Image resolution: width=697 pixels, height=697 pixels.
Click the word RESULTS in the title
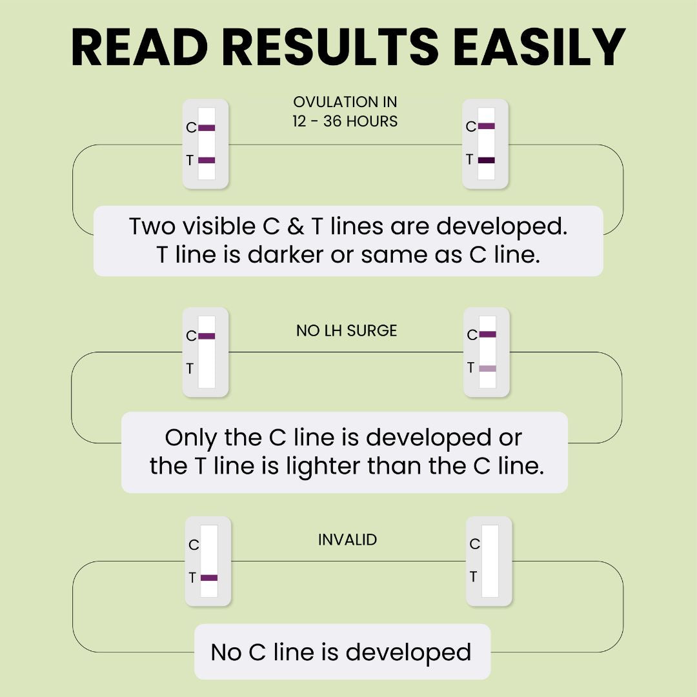(x=330, y=47)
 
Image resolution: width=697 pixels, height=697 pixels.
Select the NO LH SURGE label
(x=347, y=330)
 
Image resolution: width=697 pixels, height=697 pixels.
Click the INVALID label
(x=348, y=540)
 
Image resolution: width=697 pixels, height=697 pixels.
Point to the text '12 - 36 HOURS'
(x=345, y=121)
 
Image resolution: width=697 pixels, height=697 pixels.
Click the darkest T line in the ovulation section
(x=487, y=160)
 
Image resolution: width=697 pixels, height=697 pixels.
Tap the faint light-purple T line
(x=488, y=369)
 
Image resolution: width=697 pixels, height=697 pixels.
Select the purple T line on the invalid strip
(x=209, y=578)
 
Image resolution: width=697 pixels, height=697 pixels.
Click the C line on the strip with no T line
(x=207, y=336)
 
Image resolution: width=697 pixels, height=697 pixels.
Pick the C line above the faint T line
(x=488, y=334)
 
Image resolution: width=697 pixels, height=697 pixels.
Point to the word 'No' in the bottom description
(x=227, y=652)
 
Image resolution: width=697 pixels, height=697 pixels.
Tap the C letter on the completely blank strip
(x=475, y=543)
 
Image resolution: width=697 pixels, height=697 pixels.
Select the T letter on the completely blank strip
(x=474, y=576)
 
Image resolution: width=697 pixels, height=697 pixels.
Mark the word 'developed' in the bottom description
(x=409, y=653)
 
